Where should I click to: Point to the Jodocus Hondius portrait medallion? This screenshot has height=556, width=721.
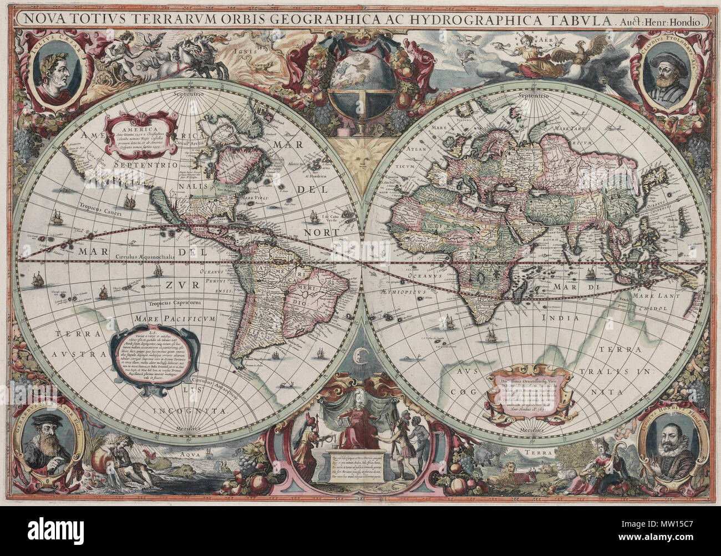tap(669, 445)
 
